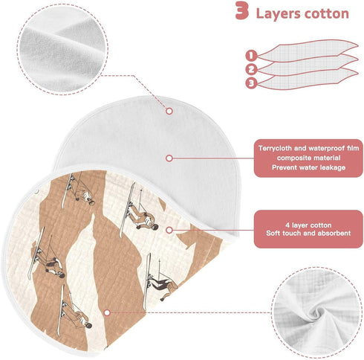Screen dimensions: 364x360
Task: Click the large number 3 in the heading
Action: point(241,10)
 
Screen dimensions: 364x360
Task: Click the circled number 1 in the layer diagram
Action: point(252,56)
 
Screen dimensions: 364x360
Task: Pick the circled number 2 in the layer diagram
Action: point(252,69)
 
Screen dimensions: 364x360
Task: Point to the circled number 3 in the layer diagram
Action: point(252,83)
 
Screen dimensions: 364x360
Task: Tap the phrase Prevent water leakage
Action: point(308,167)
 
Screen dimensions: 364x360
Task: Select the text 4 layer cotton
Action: point(308,225)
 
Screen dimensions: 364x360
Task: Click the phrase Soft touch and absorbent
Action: point(308,234)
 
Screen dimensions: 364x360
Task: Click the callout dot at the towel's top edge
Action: point(169,111)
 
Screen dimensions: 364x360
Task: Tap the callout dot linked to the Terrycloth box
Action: point(169,158)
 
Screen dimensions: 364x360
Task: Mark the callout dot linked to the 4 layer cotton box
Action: point(169,230)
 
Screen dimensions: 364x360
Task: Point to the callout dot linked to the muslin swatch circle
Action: point(107,312)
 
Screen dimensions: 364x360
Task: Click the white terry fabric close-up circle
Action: point(62,49)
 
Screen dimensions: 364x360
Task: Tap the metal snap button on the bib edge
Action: point(37,191)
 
